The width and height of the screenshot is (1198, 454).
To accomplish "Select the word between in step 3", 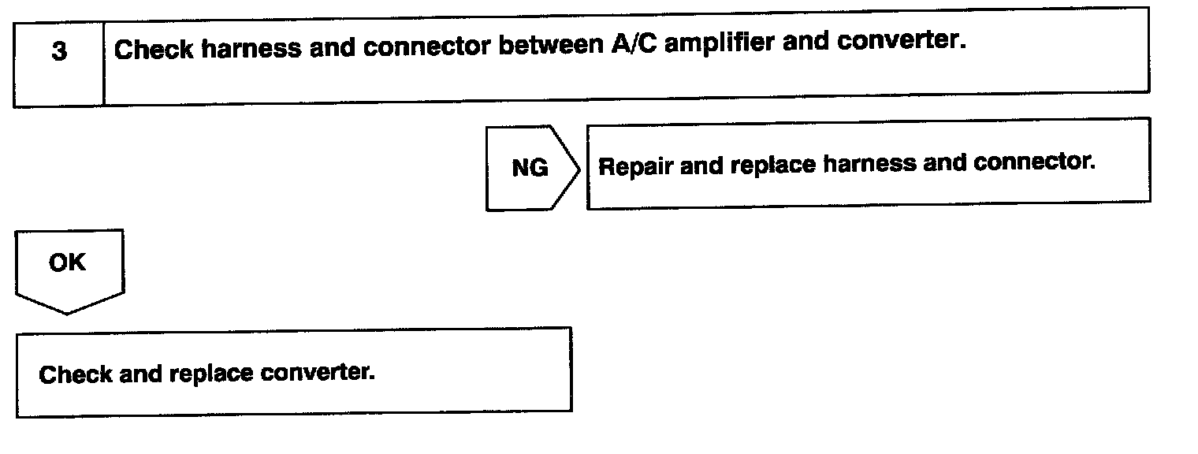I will (x=551, y=47).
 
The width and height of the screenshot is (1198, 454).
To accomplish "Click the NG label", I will (x=530, y=168).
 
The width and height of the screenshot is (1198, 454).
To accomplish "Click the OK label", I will (x=67, y=262).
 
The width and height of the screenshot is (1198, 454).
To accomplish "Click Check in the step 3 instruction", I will (x=154, y=50).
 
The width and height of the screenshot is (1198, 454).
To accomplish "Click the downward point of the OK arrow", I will (x=68, y=313).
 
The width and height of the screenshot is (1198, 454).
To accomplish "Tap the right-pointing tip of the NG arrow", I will (x=580, y=168).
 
